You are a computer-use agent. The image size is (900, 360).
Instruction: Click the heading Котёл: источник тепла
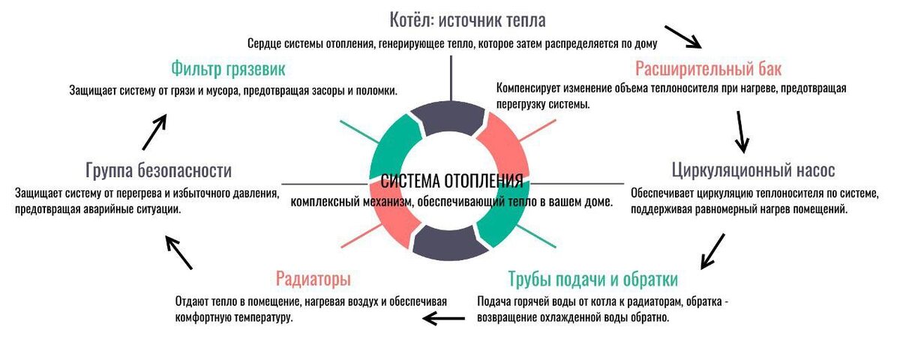point(467,20)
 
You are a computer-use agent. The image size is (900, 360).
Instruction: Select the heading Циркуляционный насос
point(753,169)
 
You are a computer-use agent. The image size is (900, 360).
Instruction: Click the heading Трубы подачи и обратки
point(592,280)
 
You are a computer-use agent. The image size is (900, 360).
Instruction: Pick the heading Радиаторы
point(313,280)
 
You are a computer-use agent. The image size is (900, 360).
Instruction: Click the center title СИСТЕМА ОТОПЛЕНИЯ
point(451,181)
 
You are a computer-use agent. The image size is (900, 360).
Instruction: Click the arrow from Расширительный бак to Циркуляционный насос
point(742,132)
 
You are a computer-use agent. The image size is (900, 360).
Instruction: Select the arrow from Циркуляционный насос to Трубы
point(712,250)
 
